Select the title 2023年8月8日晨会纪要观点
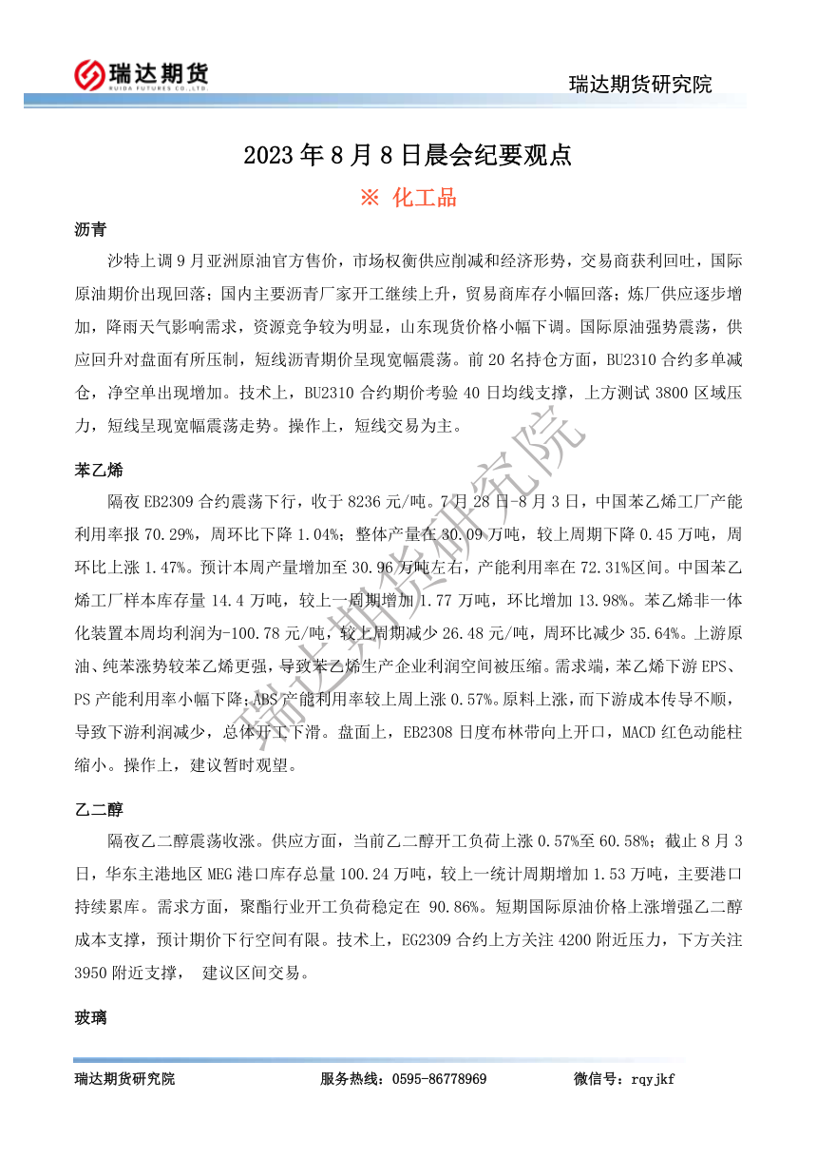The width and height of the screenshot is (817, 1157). (x=408, y=155)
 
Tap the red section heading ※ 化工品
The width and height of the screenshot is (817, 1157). (x=408, y=198)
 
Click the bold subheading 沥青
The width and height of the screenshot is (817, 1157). (x=90, y=230)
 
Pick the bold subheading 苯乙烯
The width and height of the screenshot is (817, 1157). (x=98, y=471)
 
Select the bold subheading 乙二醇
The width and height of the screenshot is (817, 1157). (x=98, y=809)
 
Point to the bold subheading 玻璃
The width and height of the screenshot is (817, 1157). (x=90, y=1018)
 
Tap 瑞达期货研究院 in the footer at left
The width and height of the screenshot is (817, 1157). (x=124, y=1079)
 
